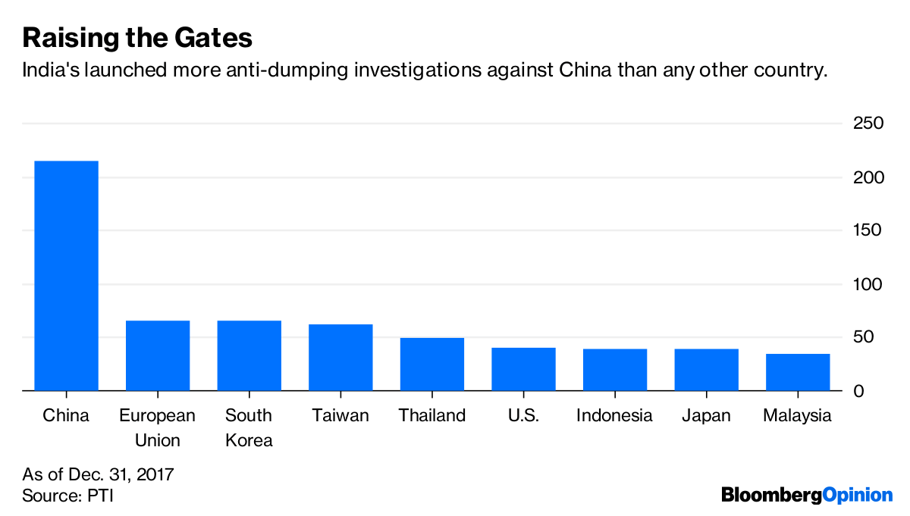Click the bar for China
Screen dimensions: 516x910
66,276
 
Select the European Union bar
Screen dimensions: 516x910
158,355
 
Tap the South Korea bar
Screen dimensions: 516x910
249,355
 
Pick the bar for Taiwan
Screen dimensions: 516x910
340,357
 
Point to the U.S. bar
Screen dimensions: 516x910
523,369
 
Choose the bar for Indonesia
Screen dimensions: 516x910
614,370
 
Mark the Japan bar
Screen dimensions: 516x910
706,370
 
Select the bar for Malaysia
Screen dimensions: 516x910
798,372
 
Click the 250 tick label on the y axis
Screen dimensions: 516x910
869,124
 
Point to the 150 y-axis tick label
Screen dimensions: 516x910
869,230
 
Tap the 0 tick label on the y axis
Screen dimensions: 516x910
858,391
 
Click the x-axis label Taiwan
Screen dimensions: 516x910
340,416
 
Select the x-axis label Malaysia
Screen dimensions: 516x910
797,416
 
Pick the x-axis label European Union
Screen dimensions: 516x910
157,427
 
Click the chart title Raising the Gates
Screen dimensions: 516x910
137,37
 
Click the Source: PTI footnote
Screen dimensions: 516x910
68,496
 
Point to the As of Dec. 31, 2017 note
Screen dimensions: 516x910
99,475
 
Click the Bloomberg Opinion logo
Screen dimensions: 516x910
807,496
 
